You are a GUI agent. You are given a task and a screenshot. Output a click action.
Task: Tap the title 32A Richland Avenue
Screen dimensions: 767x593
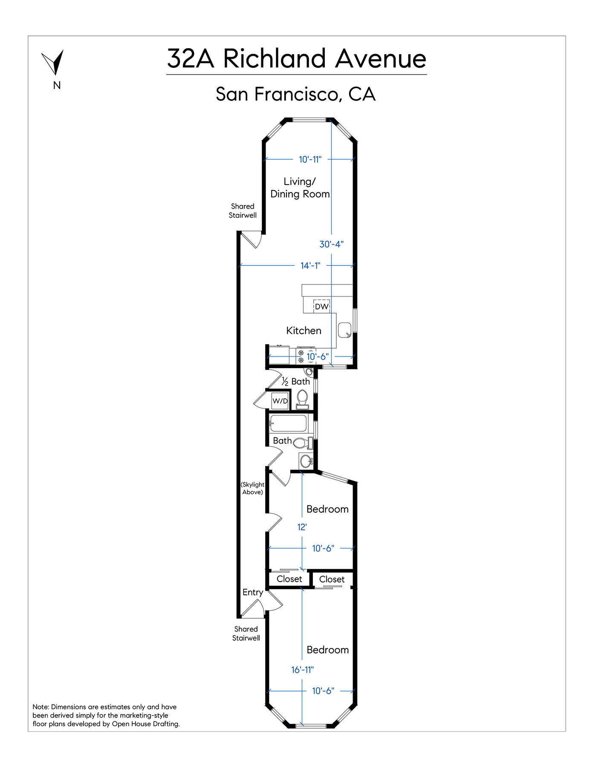[x=296, y=59]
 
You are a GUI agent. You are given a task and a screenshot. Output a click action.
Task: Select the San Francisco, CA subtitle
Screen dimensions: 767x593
[x=295, y=95]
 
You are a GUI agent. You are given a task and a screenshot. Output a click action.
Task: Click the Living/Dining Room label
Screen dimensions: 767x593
[x=300, y=188]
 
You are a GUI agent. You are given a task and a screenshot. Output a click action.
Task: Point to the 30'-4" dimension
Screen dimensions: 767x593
[x=331, y=244]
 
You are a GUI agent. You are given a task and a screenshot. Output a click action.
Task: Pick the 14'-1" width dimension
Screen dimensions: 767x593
[x=310, y=265]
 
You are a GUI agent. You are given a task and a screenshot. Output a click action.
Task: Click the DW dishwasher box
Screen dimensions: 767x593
[x=321, y=306]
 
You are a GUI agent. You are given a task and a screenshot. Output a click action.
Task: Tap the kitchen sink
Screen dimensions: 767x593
[x=344, y=330]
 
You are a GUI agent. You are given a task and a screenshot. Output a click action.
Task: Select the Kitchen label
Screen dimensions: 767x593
[x=304, y=331]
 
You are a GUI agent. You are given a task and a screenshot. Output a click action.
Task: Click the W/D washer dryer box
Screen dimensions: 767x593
[x=280, y=401]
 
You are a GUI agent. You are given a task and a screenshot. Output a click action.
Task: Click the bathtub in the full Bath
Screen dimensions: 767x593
[x=288, y=424]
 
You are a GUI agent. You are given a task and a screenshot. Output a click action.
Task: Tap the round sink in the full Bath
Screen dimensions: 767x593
[x=306, y=461]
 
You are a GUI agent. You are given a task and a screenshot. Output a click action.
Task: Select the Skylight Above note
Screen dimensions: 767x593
[x=252, y=488]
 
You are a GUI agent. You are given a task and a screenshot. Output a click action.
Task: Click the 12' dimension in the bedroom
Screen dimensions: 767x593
[x=302, y=527]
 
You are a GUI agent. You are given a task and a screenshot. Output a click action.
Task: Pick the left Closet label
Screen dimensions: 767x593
[x=289, y=579]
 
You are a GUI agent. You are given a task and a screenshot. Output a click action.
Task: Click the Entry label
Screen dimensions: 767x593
[x=253, y=592]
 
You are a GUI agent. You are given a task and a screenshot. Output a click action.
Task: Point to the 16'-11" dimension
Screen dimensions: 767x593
[x=302, y=670]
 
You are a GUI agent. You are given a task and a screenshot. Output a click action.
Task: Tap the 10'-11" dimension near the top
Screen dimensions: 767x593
[x=310, y=159]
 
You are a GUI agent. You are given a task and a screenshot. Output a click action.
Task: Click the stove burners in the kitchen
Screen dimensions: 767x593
[x=301, y=356]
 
